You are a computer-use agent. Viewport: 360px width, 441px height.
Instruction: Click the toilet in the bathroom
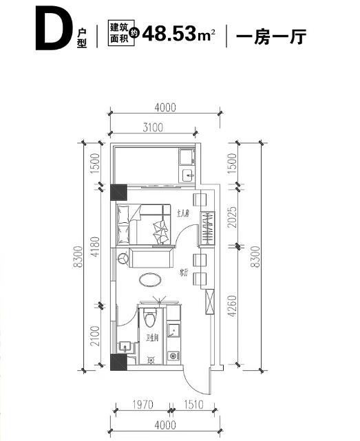[151, 320]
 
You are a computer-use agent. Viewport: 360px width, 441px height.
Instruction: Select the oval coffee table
[150, 279]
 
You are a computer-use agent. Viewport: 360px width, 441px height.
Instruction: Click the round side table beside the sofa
[123, 259]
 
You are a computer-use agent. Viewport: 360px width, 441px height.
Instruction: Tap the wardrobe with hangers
[207, 228]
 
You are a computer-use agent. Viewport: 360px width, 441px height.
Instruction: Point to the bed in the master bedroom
[144, 224]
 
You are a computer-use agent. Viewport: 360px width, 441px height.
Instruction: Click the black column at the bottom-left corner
[118, 363]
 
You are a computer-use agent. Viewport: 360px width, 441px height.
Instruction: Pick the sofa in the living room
[151, 259]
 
